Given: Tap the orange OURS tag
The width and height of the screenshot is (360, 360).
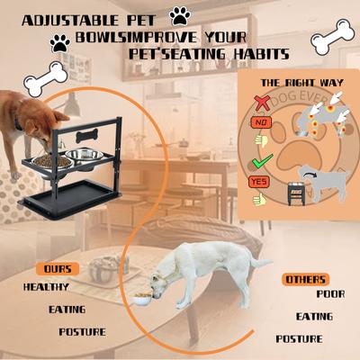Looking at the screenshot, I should (58, 269).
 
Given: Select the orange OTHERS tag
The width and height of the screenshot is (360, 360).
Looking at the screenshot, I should (305, 279).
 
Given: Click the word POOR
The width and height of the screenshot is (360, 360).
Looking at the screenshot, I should (329, 293).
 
